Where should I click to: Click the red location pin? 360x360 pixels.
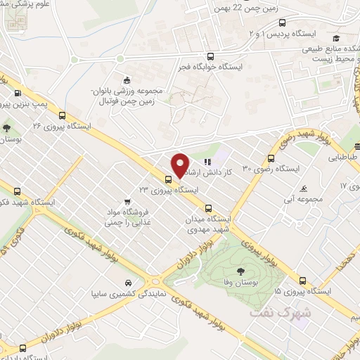[x=180, y=165]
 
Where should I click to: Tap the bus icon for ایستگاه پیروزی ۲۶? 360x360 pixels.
[x=63, y=116]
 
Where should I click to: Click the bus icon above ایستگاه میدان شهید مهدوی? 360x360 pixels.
[x=209, y=208]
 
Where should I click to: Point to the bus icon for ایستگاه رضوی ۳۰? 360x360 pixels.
[x=271, y=158]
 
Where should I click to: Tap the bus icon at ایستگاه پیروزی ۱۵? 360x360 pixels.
[x=302, y=279]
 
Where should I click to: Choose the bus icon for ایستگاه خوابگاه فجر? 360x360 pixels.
[x=227, y=58]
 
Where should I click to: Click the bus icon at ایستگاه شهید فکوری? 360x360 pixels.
[x=18, y=190]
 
